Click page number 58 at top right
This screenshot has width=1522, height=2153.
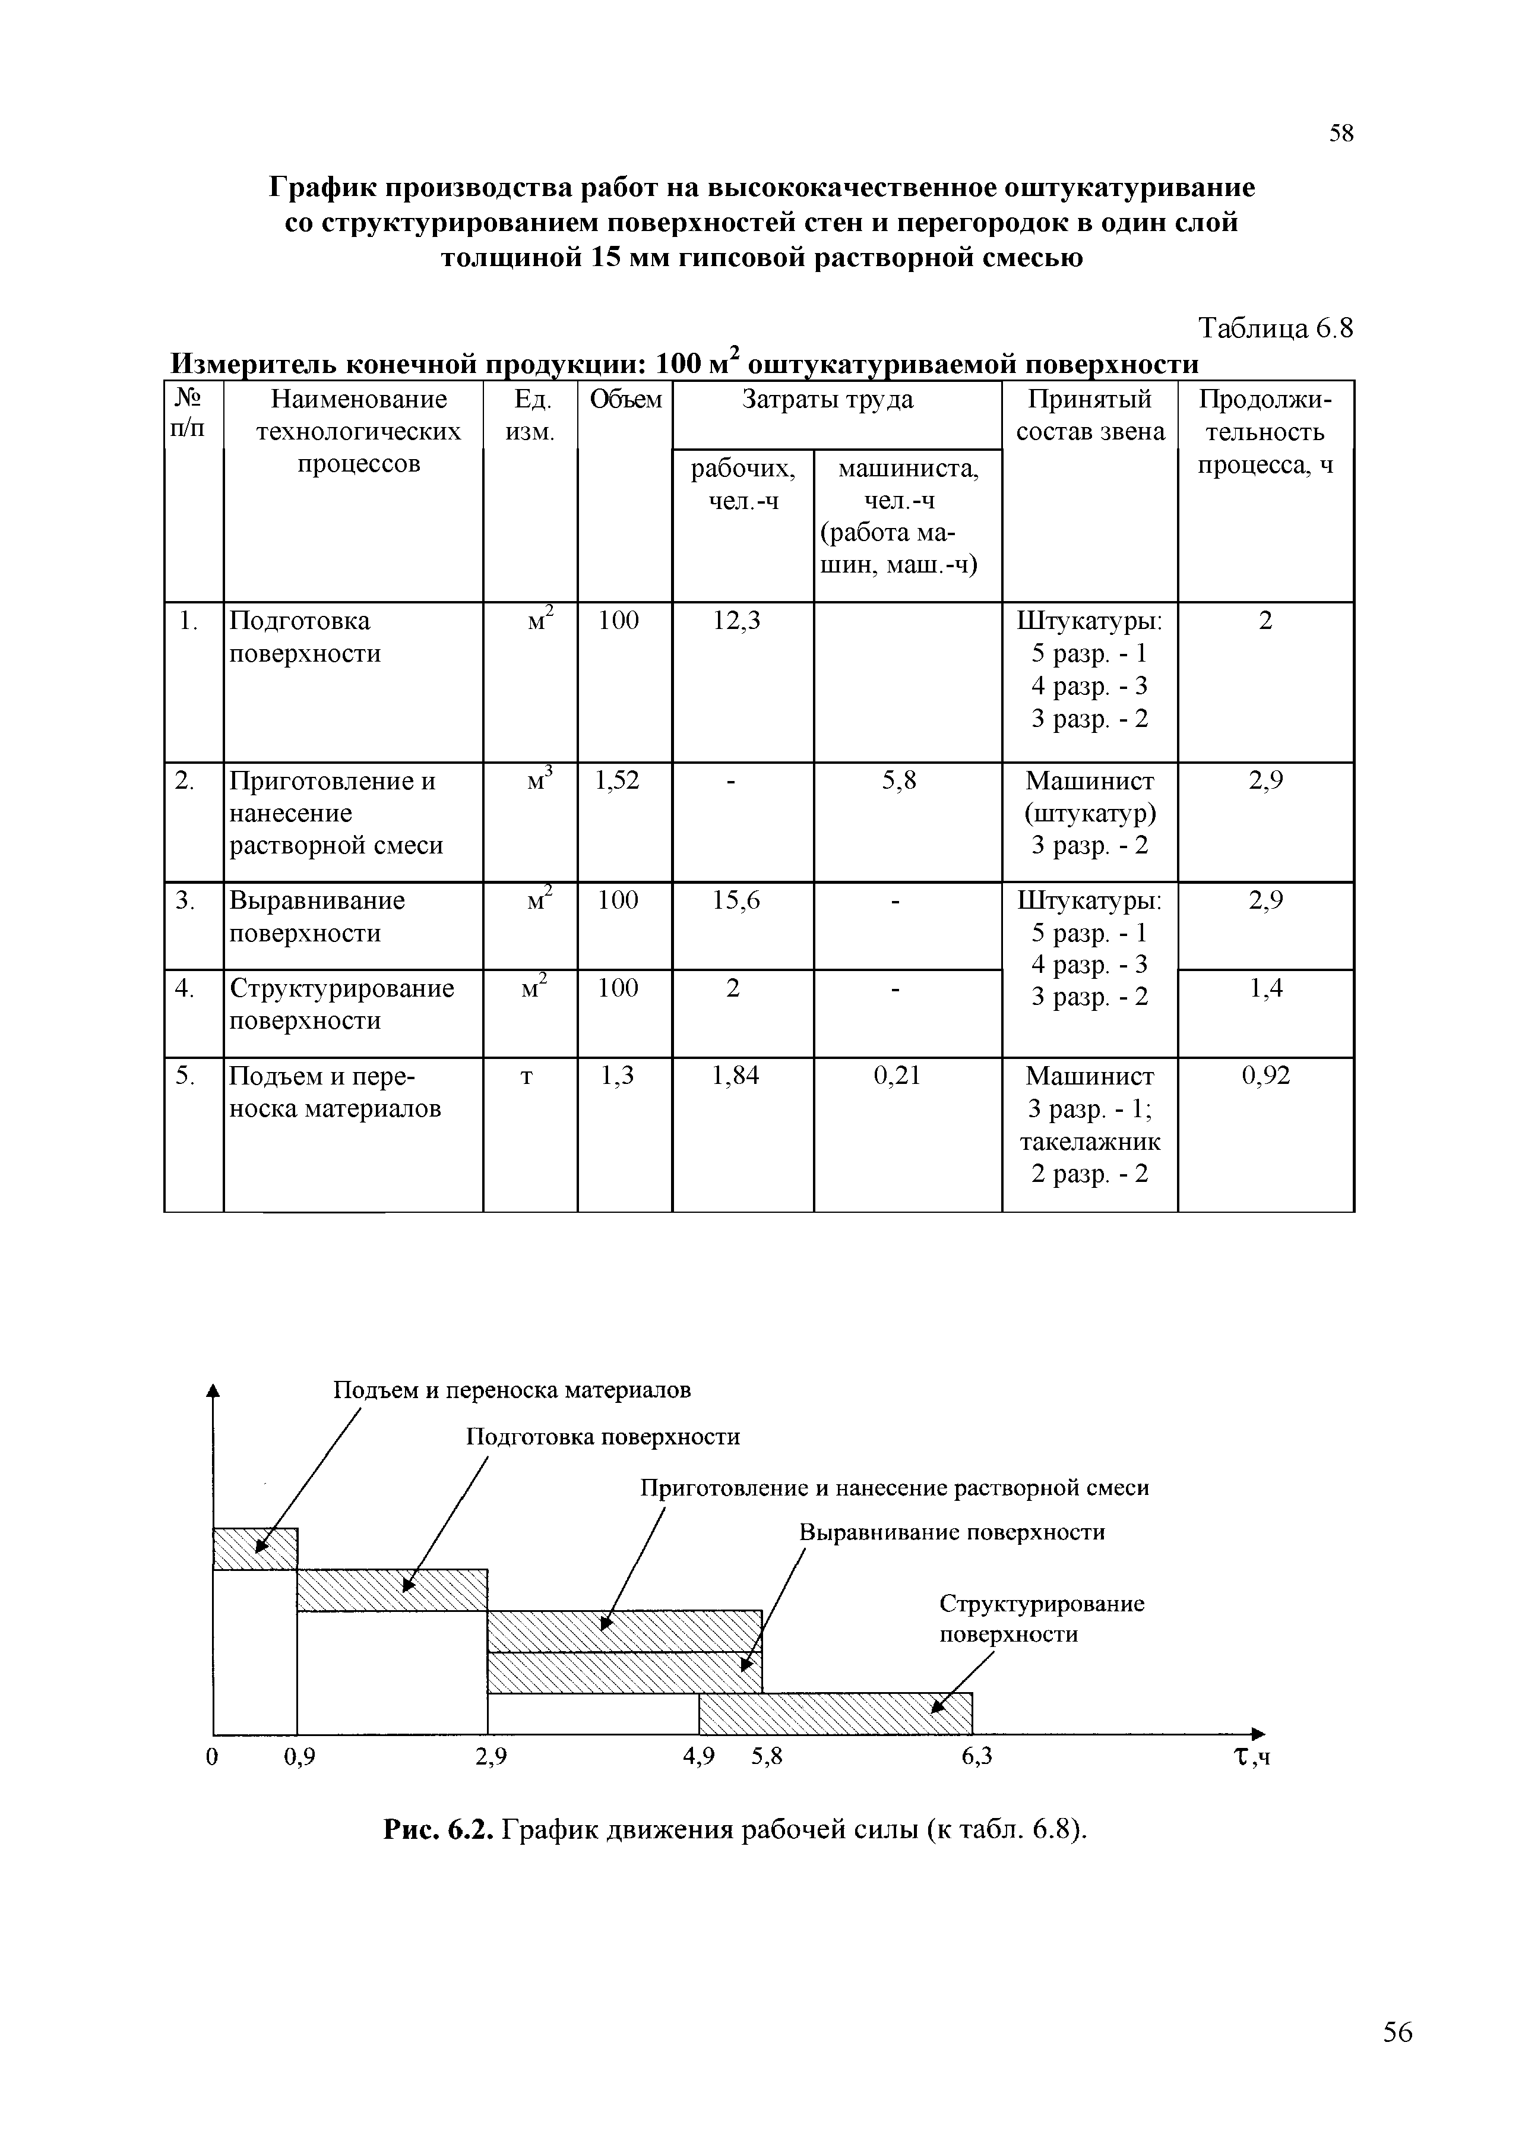1341,134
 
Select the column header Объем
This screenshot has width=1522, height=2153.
625,400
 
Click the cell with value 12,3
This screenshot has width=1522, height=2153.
736,621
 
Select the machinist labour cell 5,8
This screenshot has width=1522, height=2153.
898,780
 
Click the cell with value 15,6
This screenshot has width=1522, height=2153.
736,900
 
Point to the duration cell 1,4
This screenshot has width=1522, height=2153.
1266,988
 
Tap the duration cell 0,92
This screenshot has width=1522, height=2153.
1266,1076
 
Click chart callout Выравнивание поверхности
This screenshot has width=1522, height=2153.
952,1532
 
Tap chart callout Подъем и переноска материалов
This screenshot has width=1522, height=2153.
512,1390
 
